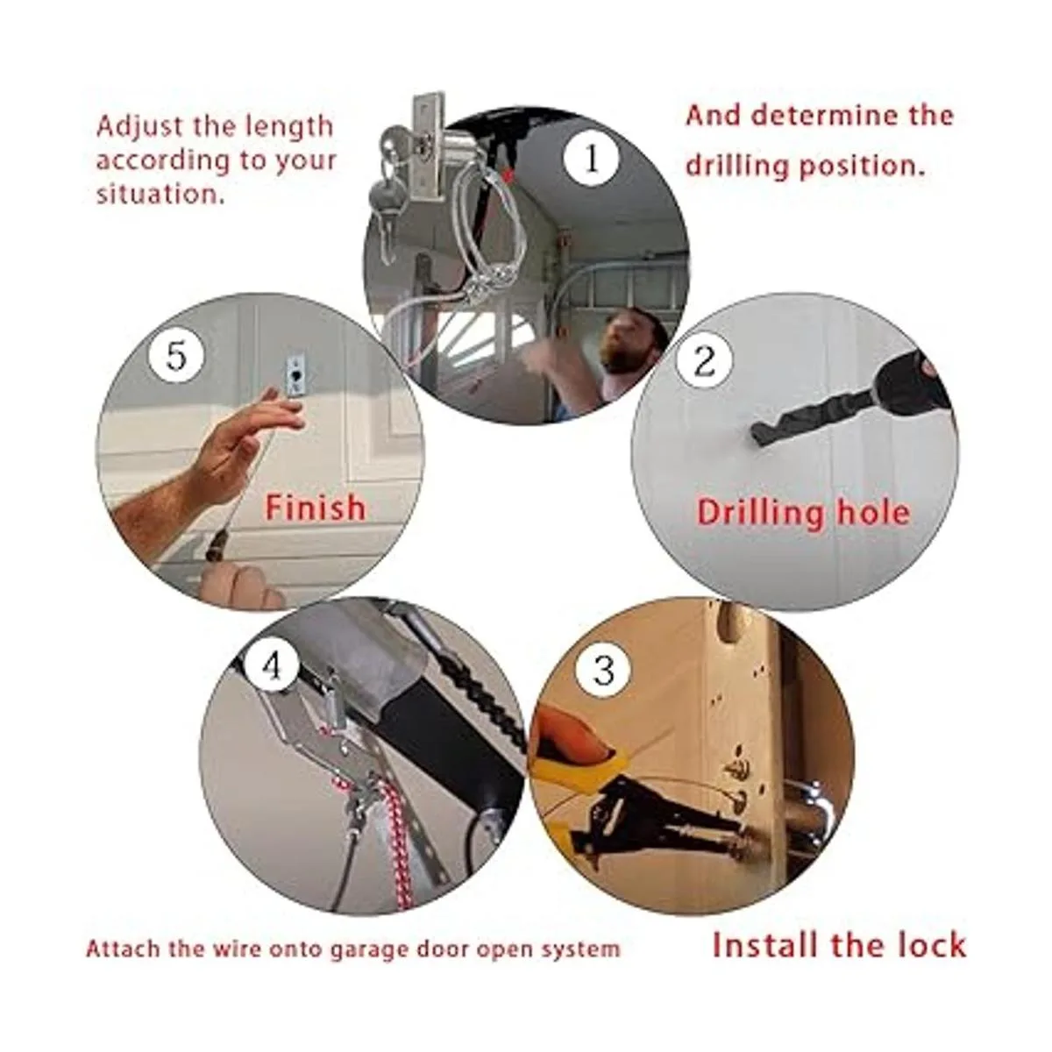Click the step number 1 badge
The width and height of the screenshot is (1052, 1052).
point(592,160)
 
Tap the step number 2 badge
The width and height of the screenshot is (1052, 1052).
point(704,361)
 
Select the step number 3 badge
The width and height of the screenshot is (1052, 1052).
point(603,670)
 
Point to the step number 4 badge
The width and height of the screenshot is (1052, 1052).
point(271,667)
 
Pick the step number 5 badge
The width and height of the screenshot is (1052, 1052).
point(176,358)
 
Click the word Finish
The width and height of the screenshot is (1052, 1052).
point(315,508)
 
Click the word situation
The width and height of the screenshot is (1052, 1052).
point(160,194)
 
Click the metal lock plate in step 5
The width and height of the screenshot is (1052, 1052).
point(294,377)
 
